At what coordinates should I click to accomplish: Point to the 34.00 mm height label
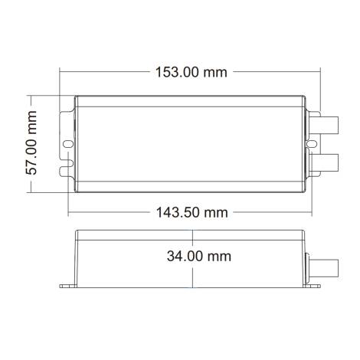(x=198, y=257)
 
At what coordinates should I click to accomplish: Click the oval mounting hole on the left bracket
(x=67, y=142)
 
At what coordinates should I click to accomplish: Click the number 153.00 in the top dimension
(x=177, y=72)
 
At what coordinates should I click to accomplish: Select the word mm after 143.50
(x=216, y=211)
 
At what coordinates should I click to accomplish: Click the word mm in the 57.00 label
(x=31, y=119)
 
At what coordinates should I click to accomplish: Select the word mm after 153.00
(x=216, y=72)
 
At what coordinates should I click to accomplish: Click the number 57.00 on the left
(x=31, y=155)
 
